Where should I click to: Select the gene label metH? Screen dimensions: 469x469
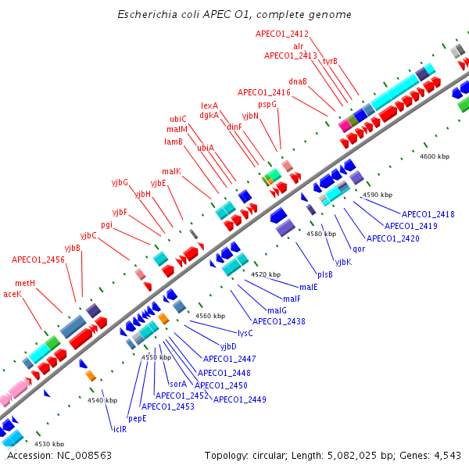pos(25,283)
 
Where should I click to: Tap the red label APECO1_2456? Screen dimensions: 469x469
pos(38,259)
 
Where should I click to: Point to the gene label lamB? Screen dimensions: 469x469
pos(173,141)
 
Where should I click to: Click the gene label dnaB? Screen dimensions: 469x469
pos(298,81)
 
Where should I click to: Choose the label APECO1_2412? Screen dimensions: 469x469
pos(282,34)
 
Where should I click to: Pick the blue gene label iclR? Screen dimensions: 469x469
pos(120,428)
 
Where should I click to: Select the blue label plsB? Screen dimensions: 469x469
pos(325,274)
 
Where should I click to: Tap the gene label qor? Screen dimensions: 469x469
pos(359,249)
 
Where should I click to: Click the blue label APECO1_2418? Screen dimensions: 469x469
pos(428,214)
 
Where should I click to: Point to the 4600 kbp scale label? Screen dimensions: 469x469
pos(435,156)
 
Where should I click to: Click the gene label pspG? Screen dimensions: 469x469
pos(267,104)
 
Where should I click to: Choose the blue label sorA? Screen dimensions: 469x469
pos(178,384)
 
